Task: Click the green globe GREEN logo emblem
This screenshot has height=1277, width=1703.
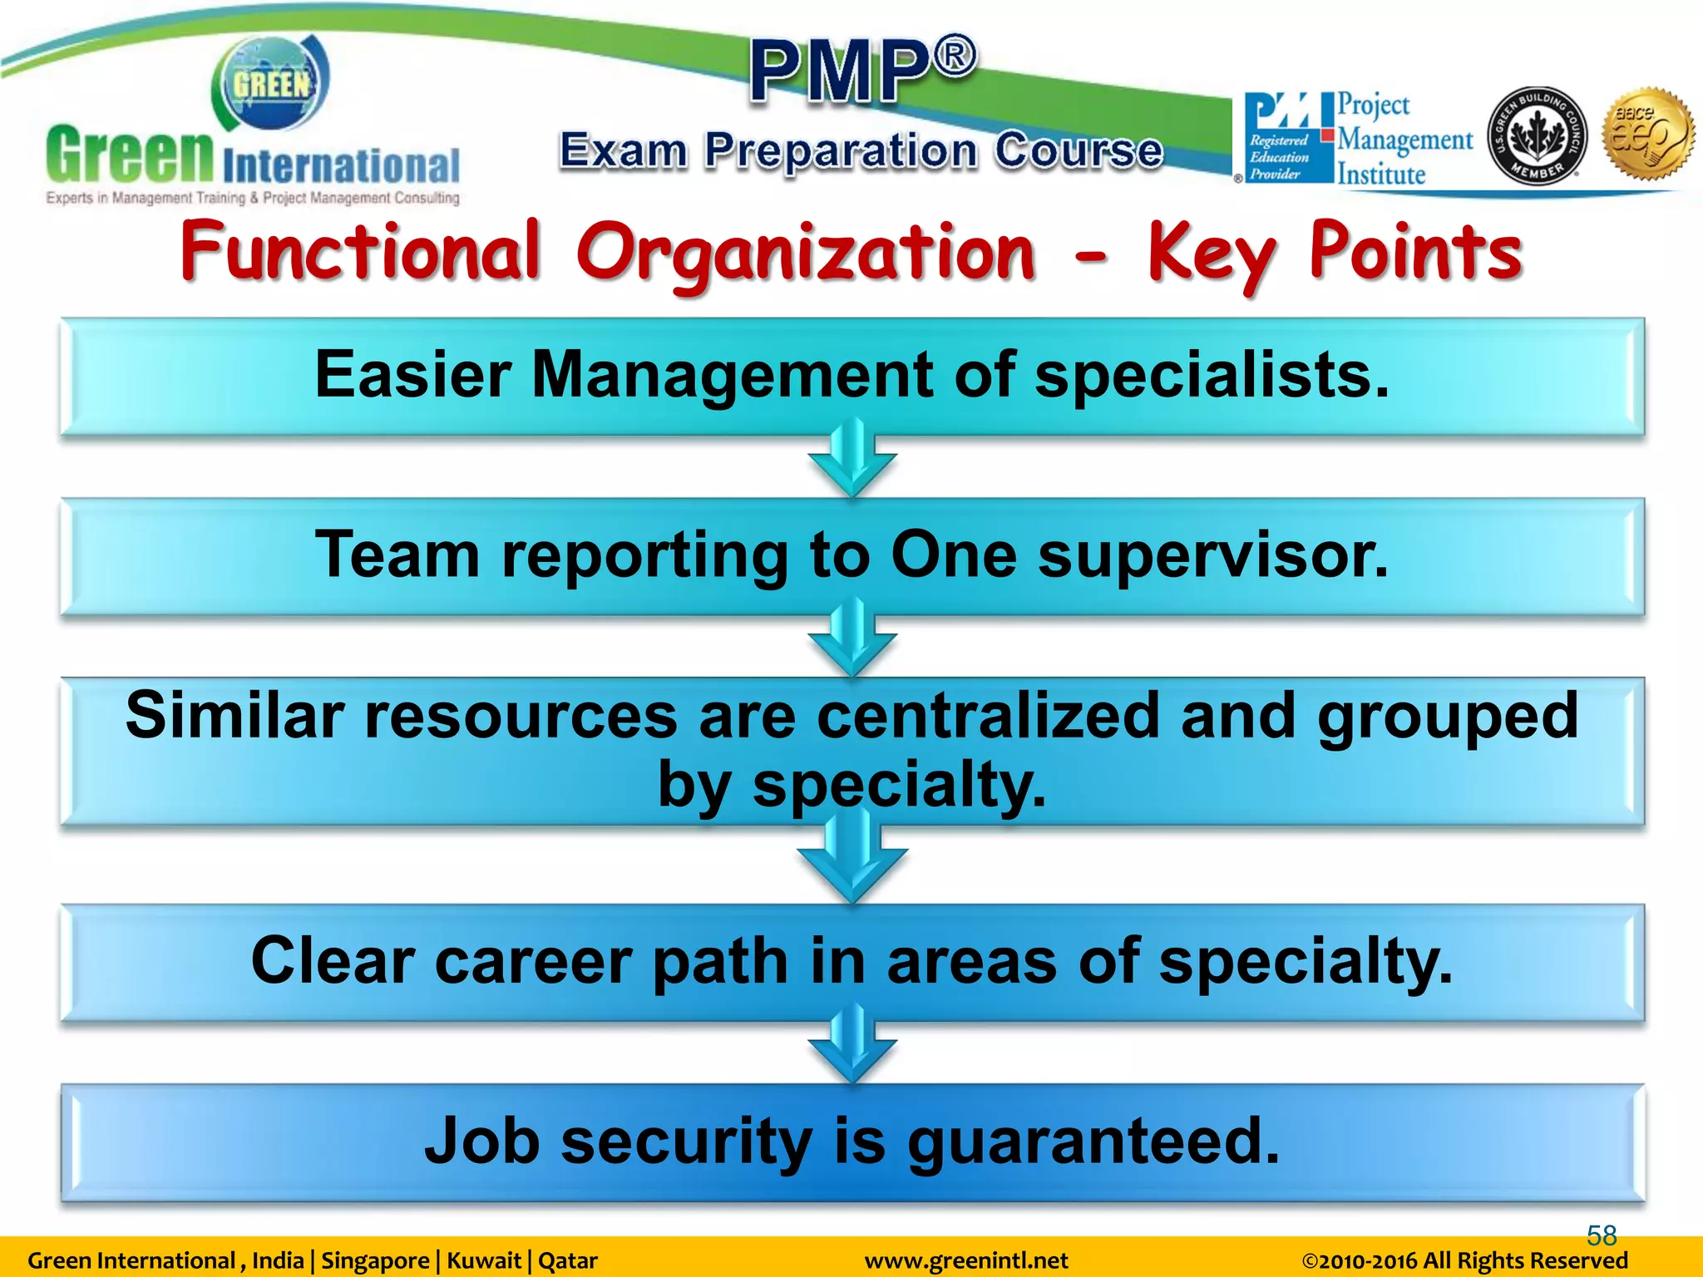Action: pyautogui.click(x=270, y=83)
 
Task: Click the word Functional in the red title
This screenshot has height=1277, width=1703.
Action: pyautogui.click(x=360, y=252)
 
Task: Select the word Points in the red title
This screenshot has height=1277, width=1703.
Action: pyautogui.click(x=1414, y=252)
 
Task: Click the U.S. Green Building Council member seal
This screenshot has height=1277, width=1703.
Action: pyautogui.click(x=1536, y=136)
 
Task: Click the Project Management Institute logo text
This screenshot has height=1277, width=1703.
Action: pyautogui.click(x=1404, y=139)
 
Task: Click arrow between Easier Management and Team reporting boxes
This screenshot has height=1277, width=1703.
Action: pyautogui.click(x=851, y=462)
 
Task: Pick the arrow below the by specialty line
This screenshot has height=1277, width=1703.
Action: pyautogui.click(x=851, y=861)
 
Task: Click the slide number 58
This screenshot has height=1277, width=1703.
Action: pyautogui.click(x=1601, y=1235)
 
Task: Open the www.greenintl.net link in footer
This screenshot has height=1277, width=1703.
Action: pyautogui.click(x=966, y=1261)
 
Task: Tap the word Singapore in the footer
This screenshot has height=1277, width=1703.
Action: pyautogui.click(x=375, y=1261)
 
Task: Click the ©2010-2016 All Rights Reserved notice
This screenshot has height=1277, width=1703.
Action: pyautogui.click(x=1464, y=1261)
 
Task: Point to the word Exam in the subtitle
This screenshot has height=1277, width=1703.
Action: pyautogui.click(x=623, y=150)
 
